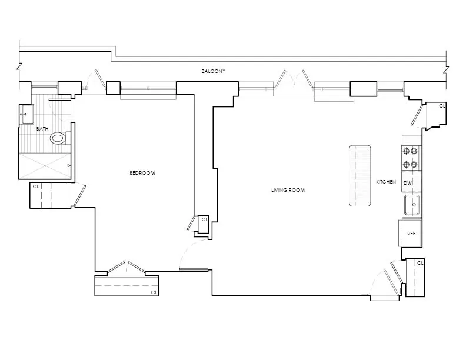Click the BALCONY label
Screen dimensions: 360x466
coord(212,71)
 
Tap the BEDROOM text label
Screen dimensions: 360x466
coord(142,173)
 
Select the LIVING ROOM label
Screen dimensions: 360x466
coord(288,189)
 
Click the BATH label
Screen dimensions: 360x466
coord(42,128)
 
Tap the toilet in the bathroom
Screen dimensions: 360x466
coord(58,138)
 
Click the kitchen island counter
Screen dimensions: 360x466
coord(360,175)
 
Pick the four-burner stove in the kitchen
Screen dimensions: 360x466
coord(410,157)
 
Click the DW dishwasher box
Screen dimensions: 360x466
coord(407,184)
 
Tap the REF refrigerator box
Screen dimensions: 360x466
coord(411,234)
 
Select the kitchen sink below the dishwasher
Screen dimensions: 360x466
coord(411,206)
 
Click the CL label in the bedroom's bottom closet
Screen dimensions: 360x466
coord(154,292)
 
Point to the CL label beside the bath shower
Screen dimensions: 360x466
coord(36,186)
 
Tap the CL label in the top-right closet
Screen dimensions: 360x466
coord(442,106)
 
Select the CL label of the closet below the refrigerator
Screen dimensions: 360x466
coord(420,263)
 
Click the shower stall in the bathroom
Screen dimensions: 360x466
coord(45,166)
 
